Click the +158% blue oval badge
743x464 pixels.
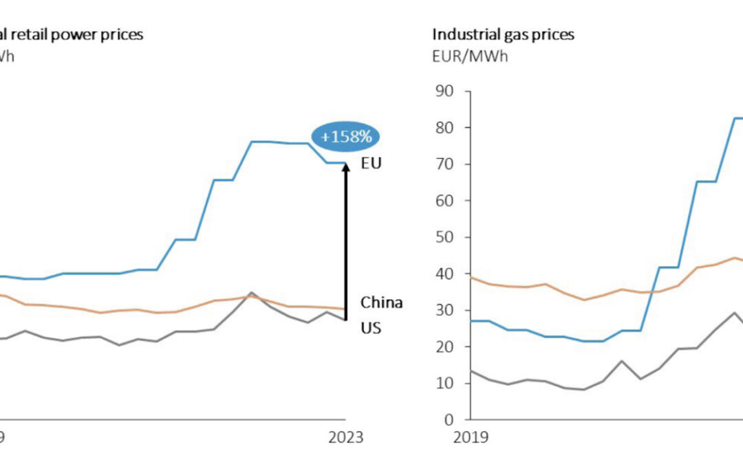(346, 137)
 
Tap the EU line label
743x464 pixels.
(371, 164)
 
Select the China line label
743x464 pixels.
(381, 302)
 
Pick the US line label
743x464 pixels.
(371, 328)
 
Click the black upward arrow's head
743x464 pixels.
(346, 168)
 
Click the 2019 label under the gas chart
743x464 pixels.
(471, 437)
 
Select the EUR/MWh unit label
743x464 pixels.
(470, 56)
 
